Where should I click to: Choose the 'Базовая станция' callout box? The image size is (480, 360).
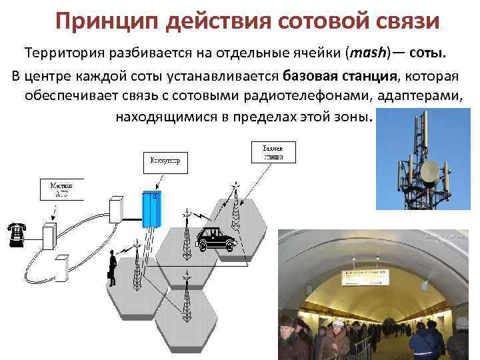[x=273, y=152]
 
